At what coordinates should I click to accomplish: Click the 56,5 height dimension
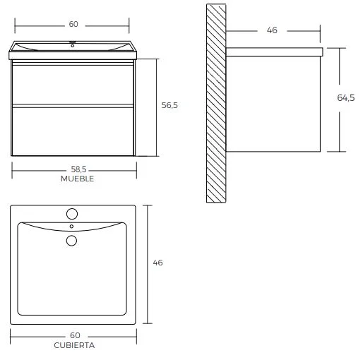point(169,105)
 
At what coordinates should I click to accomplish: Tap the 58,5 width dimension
point(78,169)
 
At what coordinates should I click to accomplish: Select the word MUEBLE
point(77,179)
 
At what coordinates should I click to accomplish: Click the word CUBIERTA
point(74,345)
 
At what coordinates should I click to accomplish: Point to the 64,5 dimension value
point(346,97)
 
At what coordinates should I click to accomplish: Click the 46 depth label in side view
point(272,30)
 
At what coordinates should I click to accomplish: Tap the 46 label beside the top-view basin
point(157,263)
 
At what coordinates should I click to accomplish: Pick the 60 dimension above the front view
point(73,24)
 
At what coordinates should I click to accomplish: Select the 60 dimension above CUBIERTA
point(75,335)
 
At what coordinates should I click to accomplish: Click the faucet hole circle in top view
point(72,214)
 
